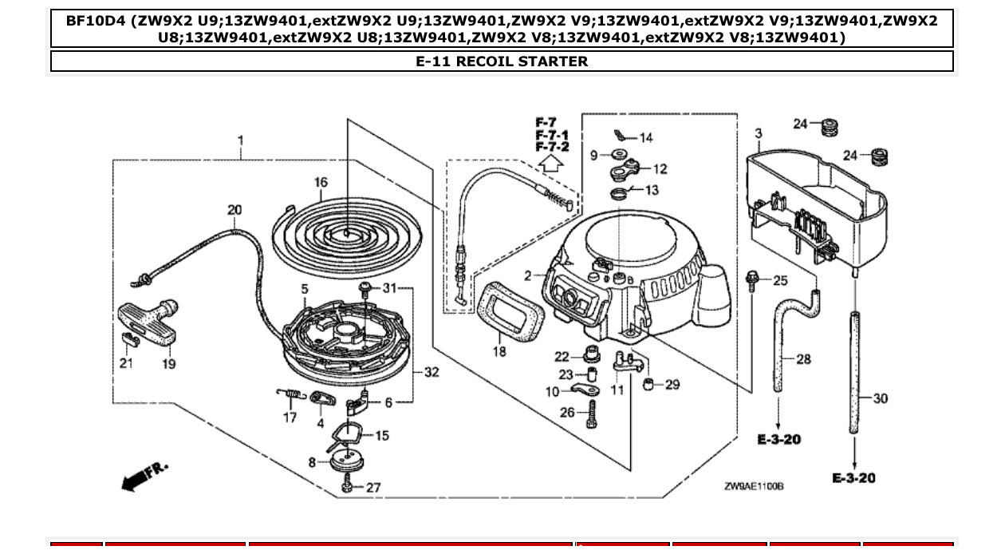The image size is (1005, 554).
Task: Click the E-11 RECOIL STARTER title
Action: [502, 61]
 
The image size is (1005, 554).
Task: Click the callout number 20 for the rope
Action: [235, 210]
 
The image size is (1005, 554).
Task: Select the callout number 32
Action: [432, 372]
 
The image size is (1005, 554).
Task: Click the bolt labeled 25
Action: [752, 280]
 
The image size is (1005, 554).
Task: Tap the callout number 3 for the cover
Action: [758, 133]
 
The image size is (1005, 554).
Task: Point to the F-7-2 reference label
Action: [552, 148]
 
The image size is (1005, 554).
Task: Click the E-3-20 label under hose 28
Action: [779, 440]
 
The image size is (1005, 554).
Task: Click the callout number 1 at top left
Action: [240, 141]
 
